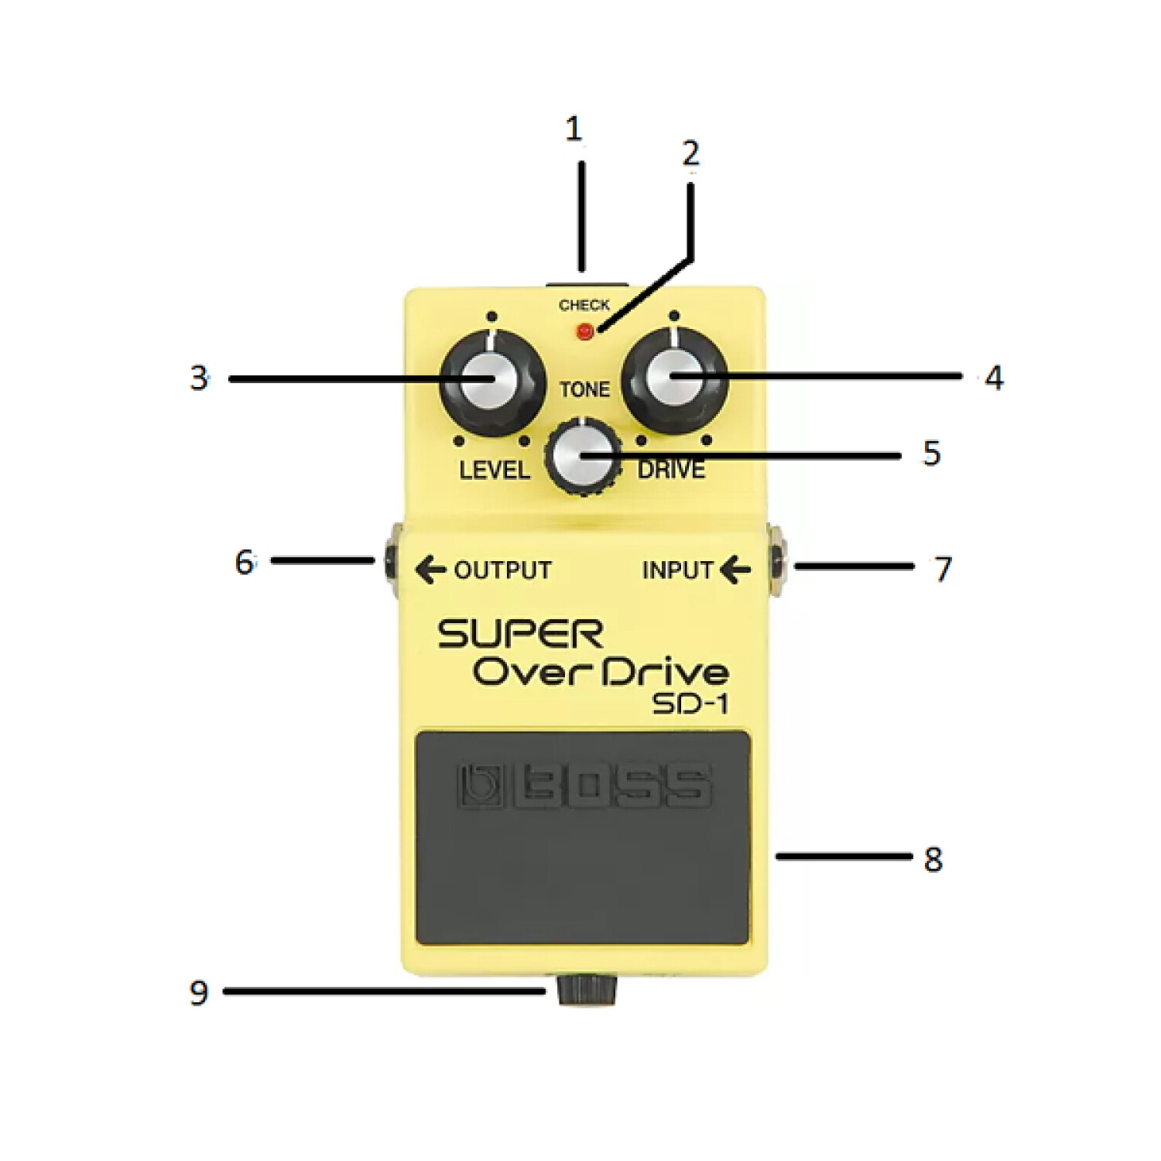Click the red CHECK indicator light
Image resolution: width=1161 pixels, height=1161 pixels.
[585, 331]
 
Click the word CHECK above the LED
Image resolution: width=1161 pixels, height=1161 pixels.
[584, 305]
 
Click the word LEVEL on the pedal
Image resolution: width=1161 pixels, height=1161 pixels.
[494, 470]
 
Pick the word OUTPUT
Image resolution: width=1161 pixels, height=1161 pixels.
[502, 570]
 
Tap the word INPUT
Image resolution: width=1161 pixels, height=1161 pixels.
[677, 570]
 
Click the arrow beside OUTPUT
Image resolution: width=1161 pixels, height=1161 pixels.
[430, 570]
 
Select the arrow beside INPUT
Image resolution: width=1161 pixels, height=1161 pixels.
[735, 570]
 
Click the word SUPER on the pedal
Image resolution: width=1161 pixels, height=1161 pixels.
[520, 635]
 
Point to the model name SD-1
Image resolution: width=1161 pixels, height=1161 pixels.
[690, 704]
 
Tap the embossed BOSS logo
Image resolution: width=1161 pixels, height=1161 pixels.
[584, 786]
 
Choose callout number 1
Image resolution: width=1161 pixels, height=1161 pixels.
[573, 129]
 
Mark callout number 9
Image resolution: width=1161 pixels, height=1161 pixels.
[199, 992]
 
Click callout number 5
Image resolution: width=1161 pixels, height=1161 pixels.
[932, 454]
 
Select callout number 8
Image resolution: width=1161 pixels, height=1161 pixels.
[933, 859]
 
